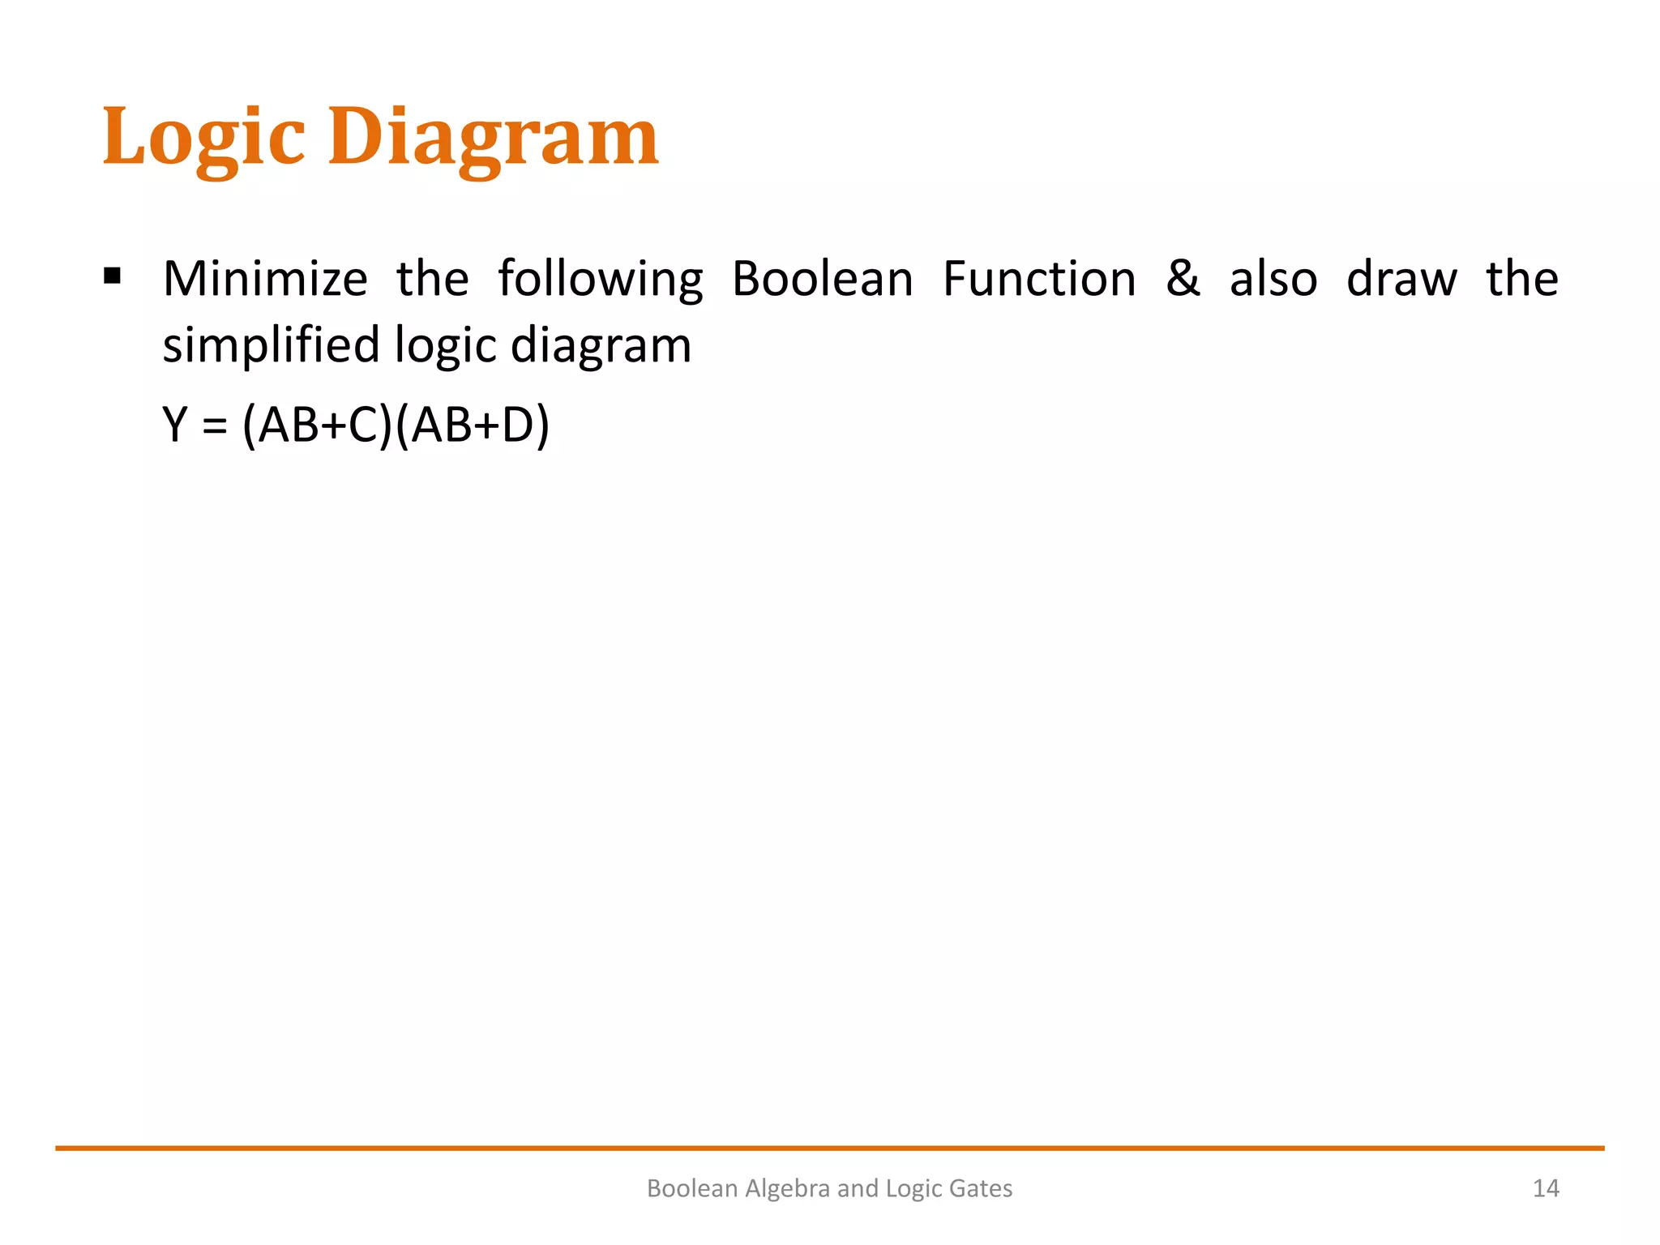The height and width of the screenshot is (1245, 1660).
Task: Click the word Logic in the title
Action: pos(203,138)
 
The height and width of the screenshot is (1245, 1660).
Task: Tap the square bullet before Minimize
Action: pos(113,277)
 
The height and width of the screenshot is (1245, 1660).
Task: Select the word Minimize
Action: pos(265,279)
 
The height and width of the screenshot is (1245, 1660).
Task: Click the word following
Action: pos(600,280)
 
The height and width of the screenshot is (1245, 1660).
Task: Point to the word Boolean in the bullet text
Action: pos(822,279)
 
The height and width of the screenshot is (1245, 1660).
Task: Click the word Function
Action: pos(1039,279)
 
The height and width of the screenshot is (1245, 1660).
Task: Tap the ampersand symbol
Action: pos(1183,279)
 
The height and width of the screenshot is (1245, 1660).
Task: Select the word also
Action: pos(1273,279)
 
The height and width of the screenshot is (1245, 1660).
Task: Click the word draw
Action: pos(1401,279)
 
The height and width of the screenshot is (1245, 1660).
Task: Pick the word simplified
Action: pos(271,345)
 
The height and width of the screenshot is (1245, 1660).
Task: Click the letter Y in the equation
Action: pos(175,425)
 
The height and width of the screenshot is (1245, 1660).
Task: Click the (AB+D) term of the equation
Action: pos(473,425)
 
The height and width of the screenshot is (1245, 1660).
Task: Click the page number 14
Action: pos(1546,1188)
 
